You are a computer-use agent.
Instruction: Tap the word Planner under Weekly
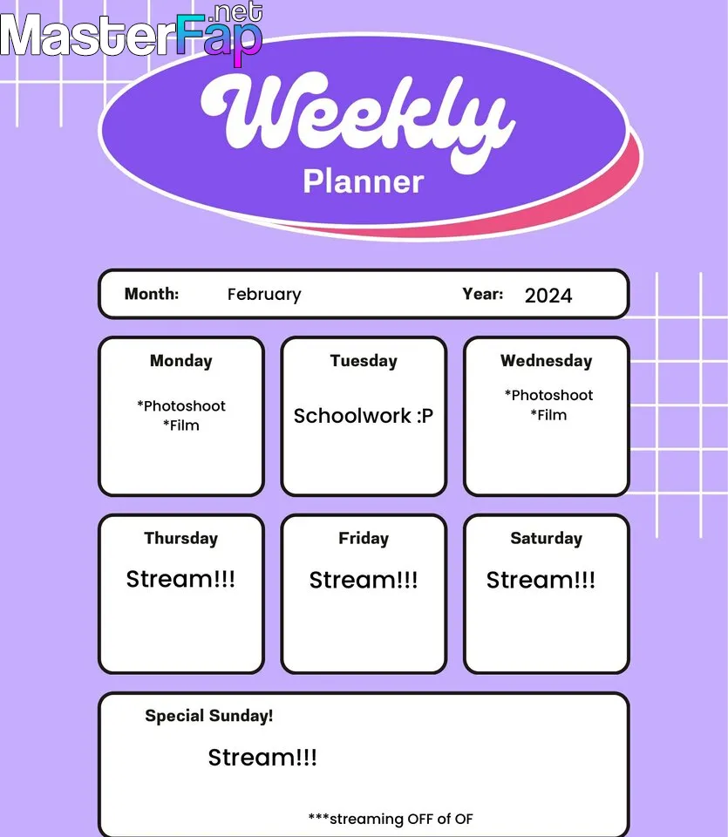coord(364,181)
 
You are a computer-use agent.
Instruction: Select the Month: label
coord(152,294)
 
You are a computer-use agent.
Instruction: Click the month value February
coord(264,295)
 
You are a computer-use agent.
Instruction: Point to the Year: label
coord(482,294)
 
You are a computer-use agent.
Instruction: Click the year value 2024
coord(548,296)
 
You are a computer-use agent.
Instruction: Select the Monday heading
coord(181,361)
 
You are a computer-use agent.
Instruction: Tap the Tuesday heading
coord(364,361)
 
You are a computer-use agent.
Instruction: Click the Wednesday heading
coord(547,361)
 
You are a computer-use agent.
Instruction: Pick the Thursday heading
coord(181,539)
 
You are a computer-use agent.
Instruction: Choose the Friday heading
coord(364,539)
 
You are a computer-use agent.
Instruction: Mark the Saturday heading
coord(547,539)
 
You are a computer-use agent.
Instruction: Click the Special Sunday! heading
coord(208,716)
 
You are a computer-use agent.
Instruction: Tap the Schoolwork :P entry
coord(364,416)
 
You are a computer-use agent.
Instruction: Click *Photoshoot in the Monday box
coord(181,406)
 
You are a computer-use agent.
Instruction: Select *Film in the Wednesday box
coord(548,415)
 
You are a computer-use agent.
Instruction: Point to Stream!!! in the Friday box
coord(364,580)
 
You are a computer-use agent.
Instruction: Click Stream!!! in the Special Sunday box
coord(262,758)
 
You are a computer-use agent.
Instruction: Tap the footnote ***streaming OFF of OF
coord(391,819)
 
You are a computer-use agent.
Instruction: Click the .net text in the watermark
coord(237,11)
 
